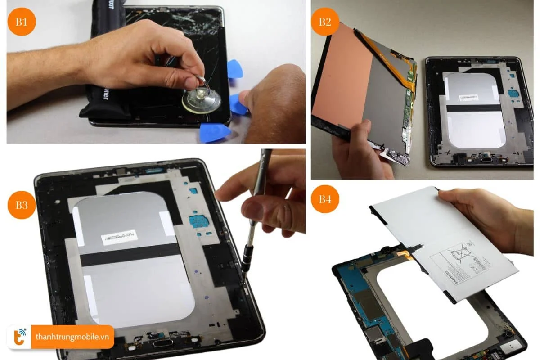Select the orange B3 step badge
pos(22,205)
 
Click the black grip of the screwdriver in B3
pos(246,258)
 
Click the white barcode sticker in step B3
pos(117,236)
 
